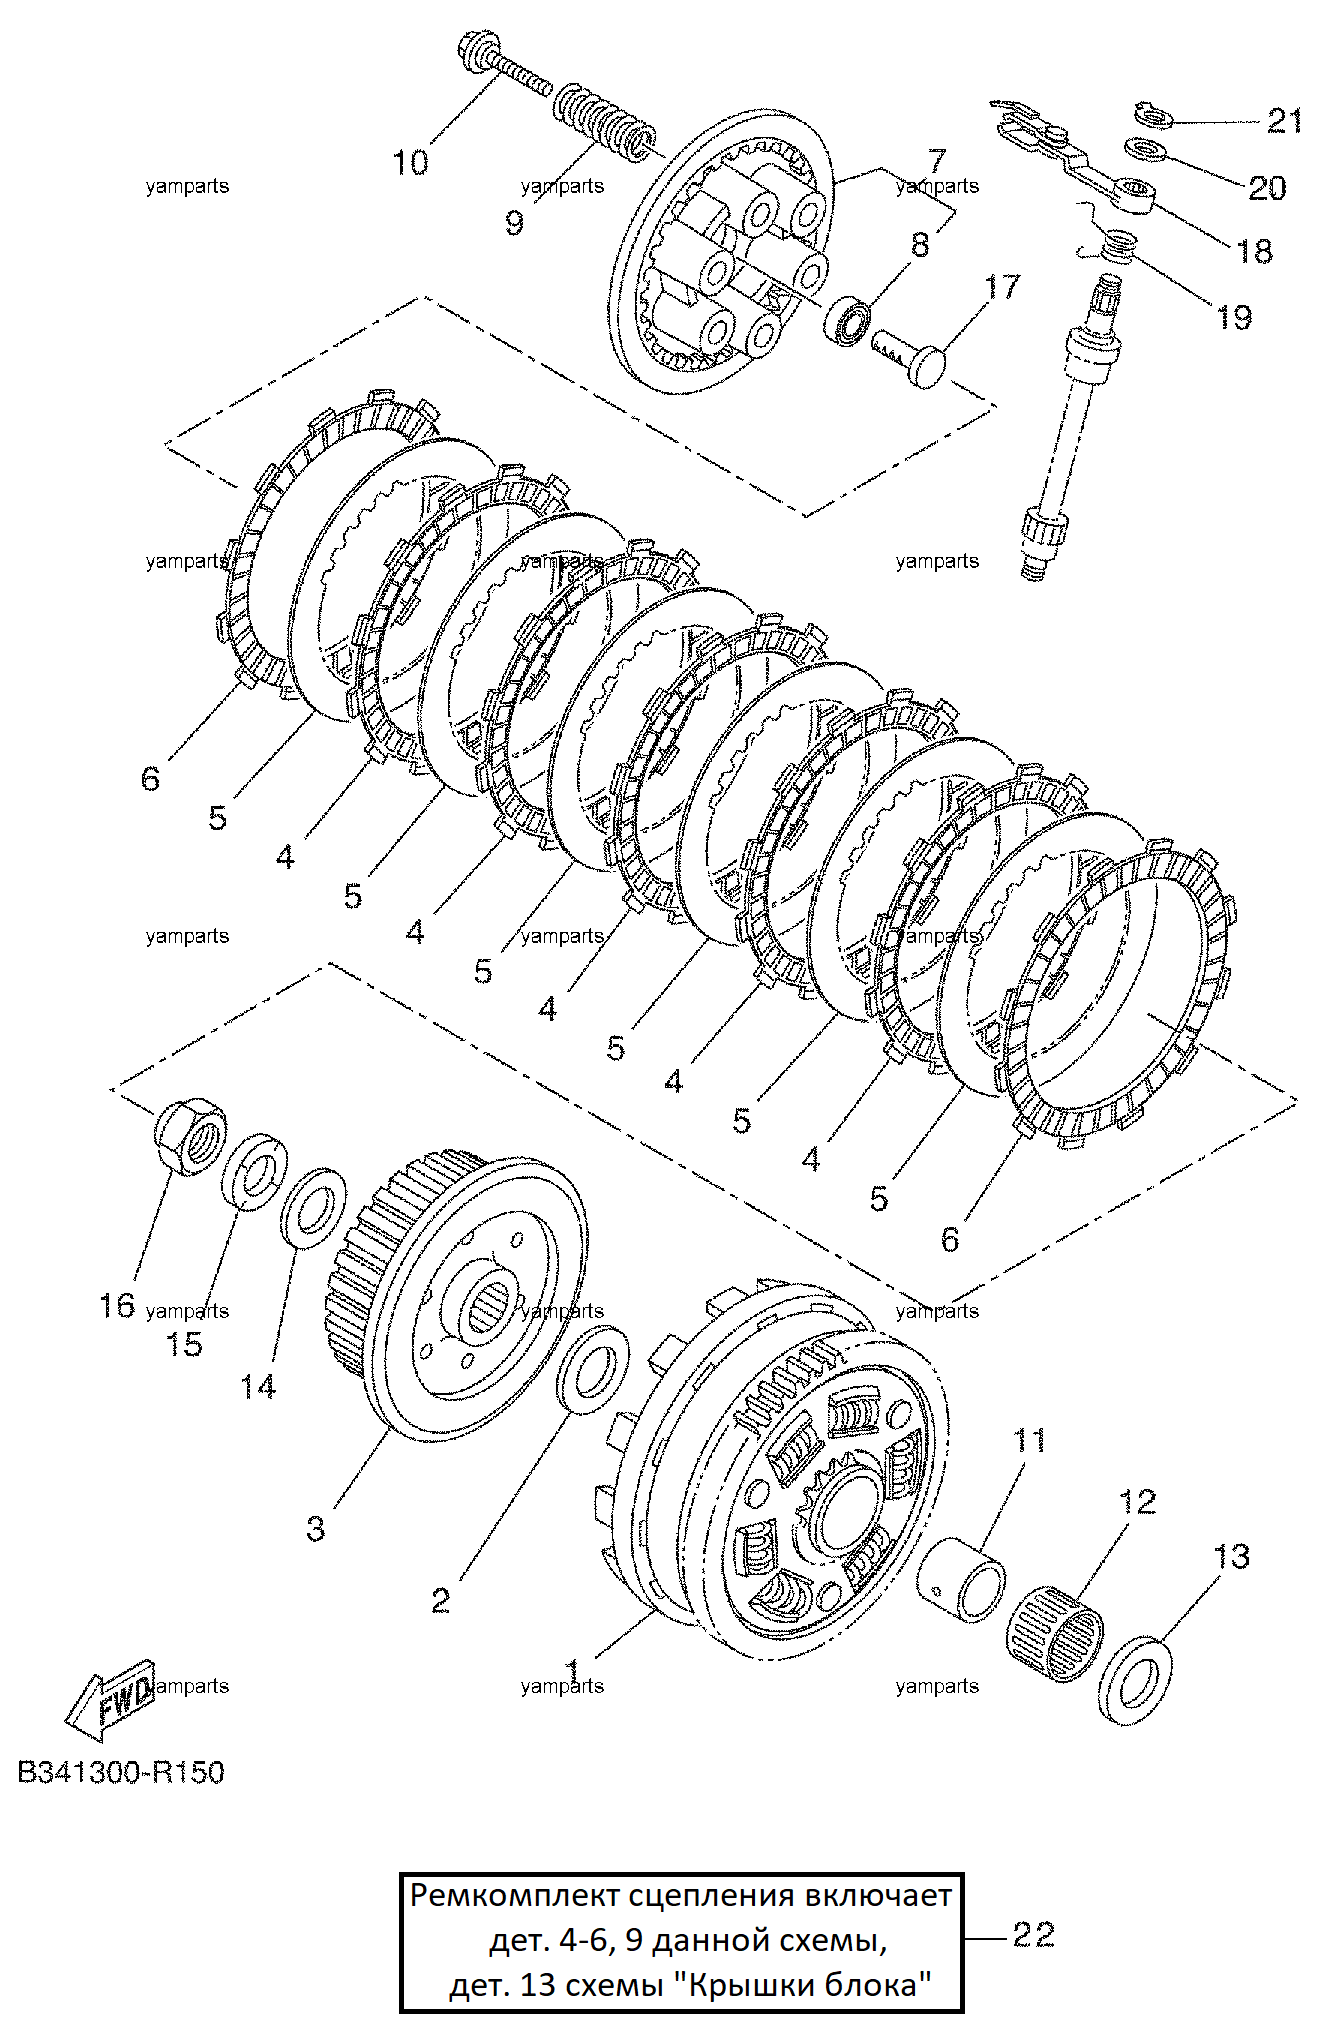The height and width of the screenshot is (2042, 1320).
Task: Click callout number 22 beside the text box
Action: point(1033,1935)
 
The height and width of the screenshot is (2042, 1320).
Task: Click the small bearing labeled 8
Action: point(847,321)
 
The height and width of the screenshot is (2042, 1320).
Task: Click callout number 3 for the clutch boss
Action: point(315,1528)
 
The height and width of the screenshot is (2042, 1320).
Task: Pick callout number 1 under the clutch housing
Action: point(572,1669)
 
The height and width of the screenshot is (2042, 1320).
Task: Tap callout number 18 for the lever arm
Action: point(1255,250)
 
